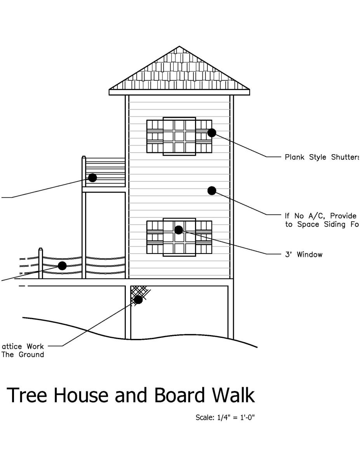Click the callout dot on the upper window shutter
coord(212,133)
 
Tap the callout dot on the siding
coord(212,190)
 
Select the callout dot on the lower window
coord(179,230)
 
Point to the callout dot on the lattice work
coord(138,299)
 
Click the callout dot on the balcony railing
coord(92,177)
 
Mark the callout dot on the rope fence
coord(62,266)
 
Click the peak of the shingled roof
coord(179,47)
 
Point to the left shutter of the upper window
coord(155,136)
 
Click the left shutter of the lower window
coord(155,237)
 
